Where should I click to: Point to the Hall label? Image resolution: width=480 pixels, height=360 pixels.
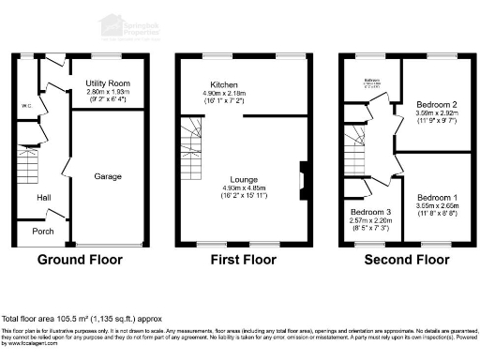(43, 198)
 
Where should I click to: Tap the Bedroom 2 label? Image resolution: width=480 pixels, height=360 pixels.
(436, 104)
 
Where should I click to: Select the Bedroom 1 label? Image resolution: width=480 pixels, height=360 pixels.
(438, 198)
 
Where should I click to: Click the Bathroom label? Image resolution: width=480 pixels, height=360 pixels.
(373, 81)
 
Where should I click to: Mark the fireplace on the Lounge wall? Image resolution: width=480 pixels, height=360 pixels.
(301, 176)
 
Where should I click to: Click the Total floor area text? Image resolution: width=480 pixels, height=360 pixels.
(74, 319)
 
